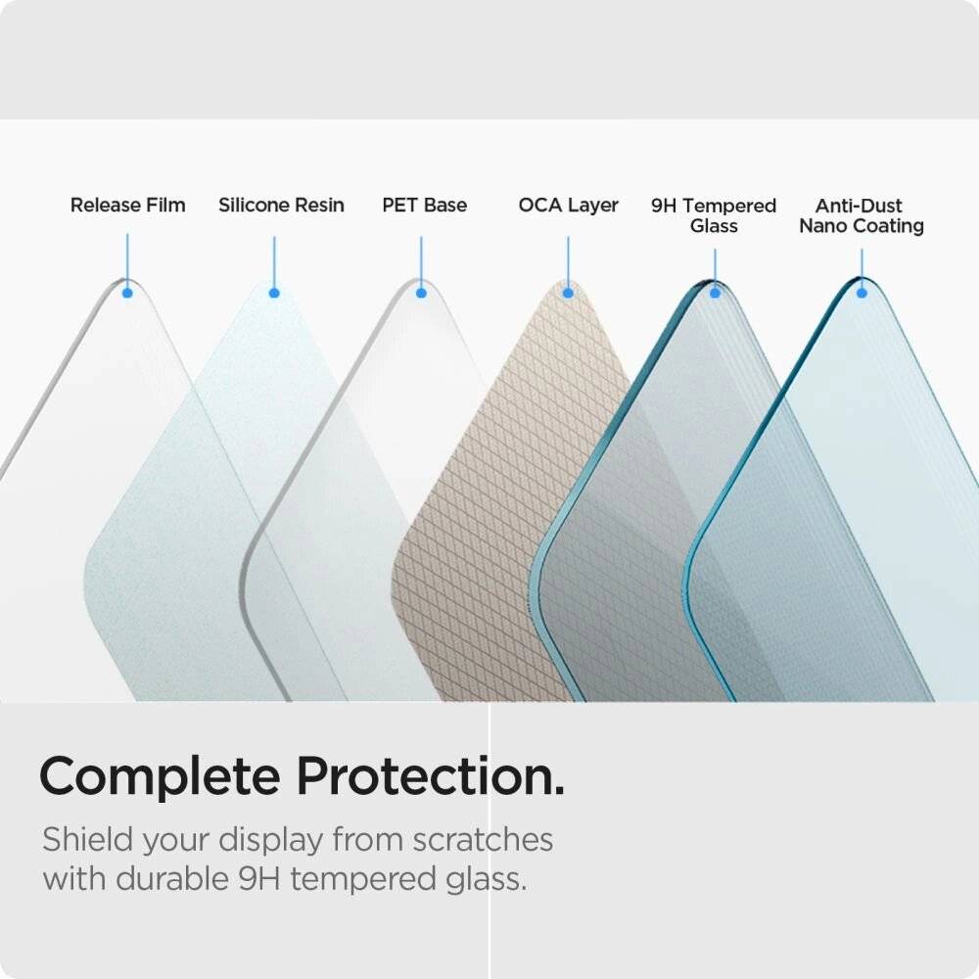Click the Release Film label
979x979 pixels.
click(127, 206)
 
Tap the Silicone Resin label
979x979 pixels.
click(281, 206)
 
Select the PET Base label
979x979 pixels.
click(424, 206)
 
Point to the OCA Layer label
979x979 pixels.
click(569, 206)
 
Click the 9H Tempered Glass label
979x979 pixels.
click(714, 215)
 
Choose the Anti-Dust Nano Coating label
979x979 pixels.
click(862, 215)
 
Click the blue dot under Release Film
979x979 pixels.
click(127, 292)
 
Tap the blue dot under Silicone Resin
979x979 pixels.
click(274, 292)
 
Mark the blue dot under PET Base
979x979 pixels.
click(421, 292)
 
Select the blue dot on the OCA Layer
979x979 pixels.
click(568, 292)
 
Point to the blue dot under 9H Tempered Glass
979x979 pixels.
click(715, 292)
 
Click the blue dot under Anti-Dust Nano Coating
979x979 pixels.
click(862, 292)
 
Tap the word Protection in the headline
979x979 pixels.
click(430, 776)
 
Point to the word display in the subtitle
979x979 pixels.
click(269, 840)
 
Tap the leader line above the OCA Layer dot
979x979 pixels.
click(568, 259)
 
